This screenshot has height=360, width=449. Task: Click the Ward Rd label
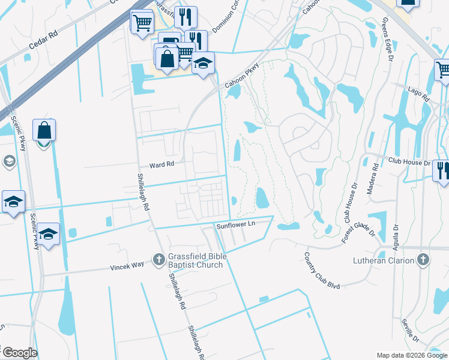tap(161, 165)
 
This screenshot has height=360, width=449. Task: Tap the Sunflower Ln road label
tap(236, 224)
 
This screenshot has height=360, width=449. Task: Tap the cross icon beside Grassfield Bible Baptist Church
tap(158, 260)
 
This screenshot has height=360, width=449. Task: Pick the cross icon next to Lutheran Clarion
tap(423, 260)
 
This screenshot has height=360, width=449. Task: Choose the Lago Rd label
tap(420, 94)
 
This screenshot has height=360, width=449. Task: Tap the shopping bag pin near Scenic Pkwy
tap(44, 130)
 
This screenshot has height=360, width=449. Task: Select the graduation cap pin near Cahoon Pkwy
tap(203, 63)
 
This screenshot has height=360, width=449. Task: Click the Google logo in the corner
tap(19, 353)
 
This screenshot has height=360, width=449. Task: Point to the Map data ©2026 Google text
tap(412, 355)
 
